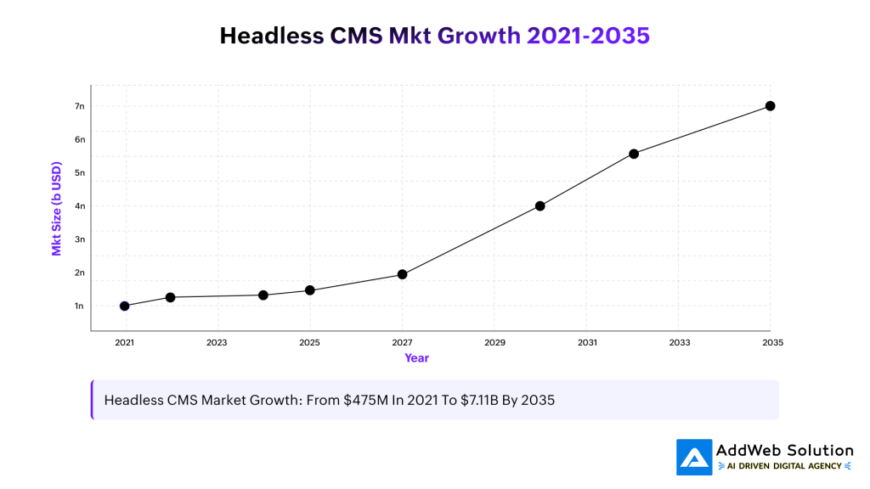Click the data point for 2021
125,306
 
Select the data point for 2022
170,297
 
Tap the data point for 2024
263,295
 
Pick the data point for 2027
403,274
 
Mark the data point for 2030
540,205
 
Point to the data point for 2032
634,154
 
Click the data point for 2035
771,106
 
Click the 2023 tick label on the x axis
217,343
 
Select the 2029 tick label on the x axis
494,343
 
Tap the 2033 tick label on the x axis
679,343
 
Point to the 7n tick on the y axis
80,106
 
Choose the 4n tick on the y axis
80,206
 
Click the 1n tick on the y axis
80,306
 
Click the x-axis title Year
416,358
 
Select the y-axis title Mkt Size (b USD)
57,208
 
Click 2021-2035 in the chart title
588,36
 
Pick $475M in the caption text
367,400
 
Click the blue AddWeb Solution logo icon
694,457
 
